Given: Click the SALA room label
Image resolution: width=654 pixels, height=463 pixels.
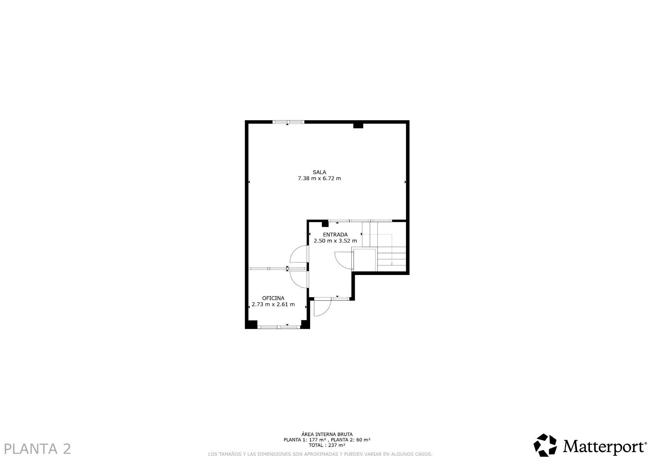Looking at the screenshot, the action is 319,172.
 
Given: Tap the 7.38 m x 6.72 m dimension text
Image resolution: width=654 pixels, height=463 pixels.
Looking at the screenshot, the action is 319,178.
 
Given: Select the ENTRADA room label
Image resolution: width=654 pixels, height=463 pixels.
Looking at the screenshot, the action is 335,235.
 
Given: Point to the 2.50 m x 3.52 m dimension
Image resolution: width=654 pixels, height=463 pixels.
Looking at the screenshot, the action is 335,241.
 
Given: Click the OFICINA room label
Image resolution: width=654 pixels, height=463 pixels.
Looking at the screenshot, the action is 273,298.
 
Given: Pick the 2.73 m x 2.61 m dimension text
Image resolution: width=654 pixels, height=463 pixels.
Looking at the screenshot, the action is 273,304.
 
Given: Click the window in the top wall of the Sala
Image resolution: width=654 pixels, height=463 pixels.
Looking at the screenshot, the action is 288,122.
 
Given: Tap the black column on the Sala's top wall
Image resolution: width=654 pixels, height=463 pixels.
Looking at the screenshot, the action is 358,125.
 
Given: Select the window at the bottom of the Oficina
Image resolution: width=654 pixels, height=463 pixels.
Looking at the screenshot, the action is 279,327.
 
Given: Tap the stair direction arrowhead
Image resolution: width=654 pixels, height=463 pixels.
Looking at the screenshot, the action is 392,264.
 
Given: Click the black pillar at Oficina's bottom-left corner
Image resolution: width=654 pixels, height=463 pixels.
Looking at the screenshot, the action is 252,324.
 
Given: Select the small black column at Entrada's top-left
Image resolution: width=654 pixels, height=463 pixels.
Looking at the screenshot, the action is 325,224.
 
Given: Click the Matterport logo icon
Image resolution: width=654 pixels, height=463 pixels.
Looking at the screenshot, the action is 545,445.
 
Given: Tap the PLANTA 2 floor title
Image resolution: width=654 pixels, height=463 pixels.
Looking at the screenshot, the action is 37,449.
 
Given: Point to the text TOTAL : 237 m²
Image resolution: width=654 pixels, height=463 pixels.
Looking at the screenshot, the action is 327,445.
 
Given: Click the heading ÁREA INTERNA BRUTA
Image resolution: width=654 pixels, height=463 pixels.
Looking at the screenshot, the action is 327,434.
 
